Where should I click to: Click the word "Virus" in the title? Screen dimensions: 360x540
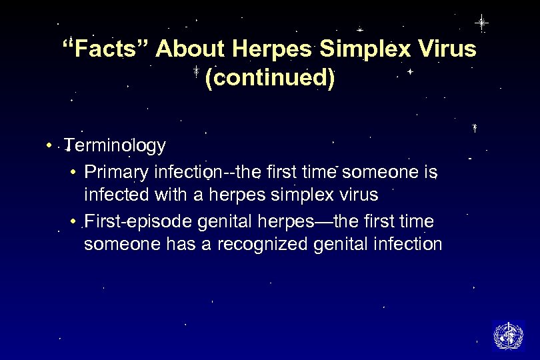pos(446,49)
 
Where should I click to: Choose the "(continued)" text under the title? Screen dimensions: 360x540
pos(270,78)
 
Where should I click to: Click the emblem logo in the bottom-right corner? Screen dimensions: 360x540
pos(508,335)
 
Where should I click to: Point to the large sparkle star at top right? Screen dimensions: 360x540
pos(481,22)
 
